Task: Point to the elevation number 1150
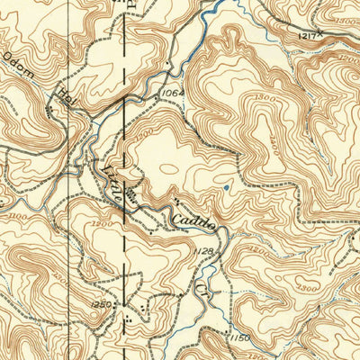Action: pyautogui.click(x=238, y=337)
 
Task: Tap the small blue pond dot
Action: pyautogui.click(x=226, y=187)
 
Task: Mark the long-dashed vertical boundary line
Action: pyautogui.click(x=123, y=180)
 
